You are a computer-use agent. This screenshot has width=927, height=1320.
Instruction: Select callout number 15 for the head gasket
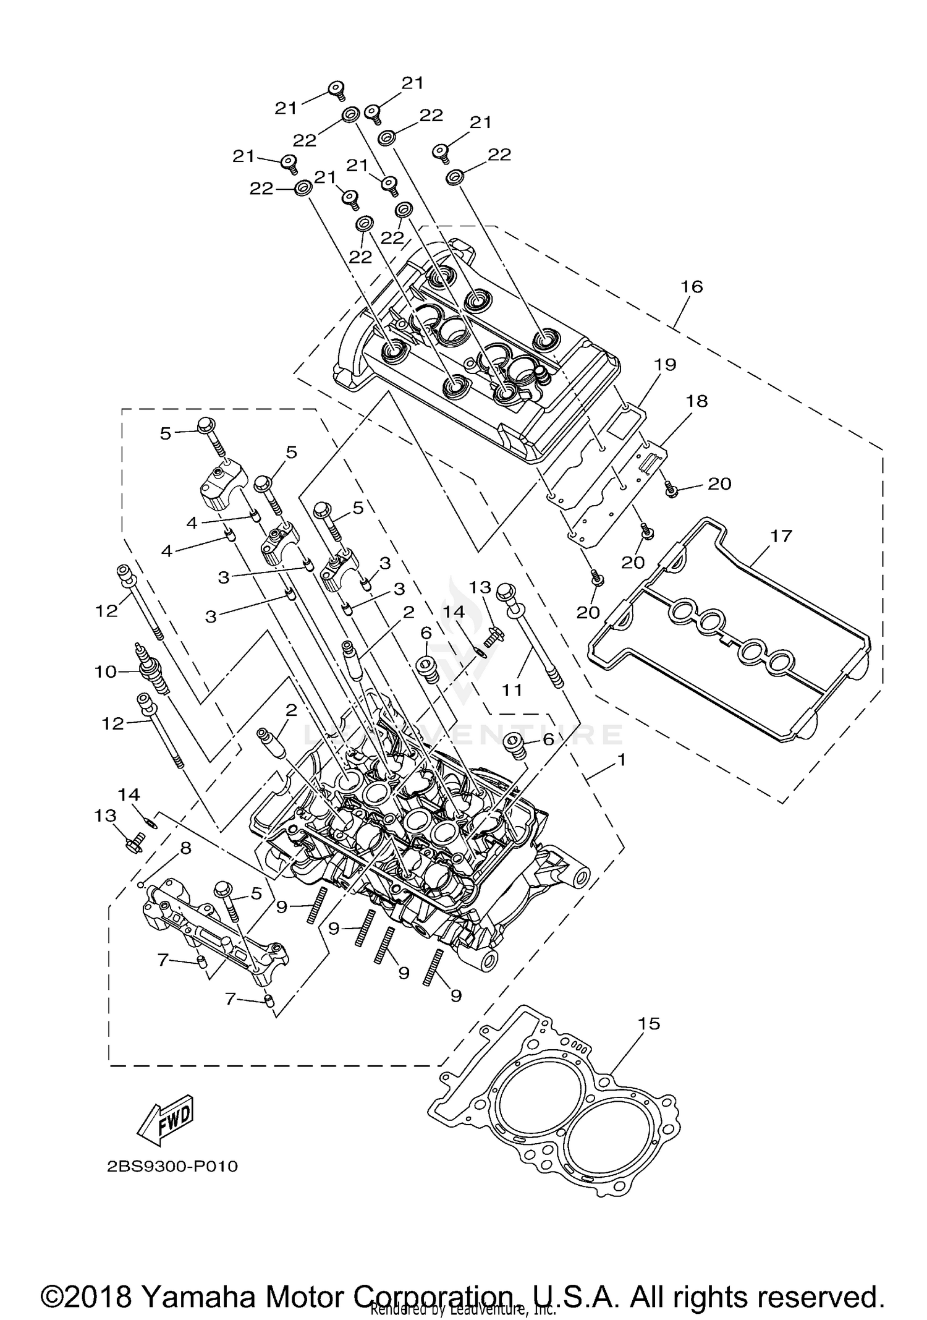pyautogui.click(x=650, y=1023)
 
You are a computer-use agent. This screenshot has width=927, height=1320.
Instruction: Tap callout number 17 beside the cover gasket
pyautogui.click(x=781, y=535)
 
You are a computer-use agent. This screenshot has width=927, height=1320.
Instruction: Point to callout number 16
pyautogui.click(x=692, y=286)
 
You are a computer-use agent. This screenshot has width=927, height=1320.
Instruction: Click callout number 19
pyautogui.click(x=666, y=364)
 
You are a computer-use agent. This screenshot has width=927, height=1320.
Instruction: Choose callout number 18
pyautogui.click(x=696, y=401)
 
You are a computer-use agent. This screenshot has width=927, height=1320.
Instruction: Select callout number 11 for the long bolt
pyautogui.click(x=512, y=689)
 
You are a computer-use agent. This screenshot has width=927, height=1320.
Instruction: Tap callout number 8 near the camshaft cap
pyautogui.click(x=185, y=848)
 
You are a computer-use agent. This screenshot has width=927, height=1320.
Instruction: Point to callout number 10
pyautogui.click(x=106, y=671)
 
